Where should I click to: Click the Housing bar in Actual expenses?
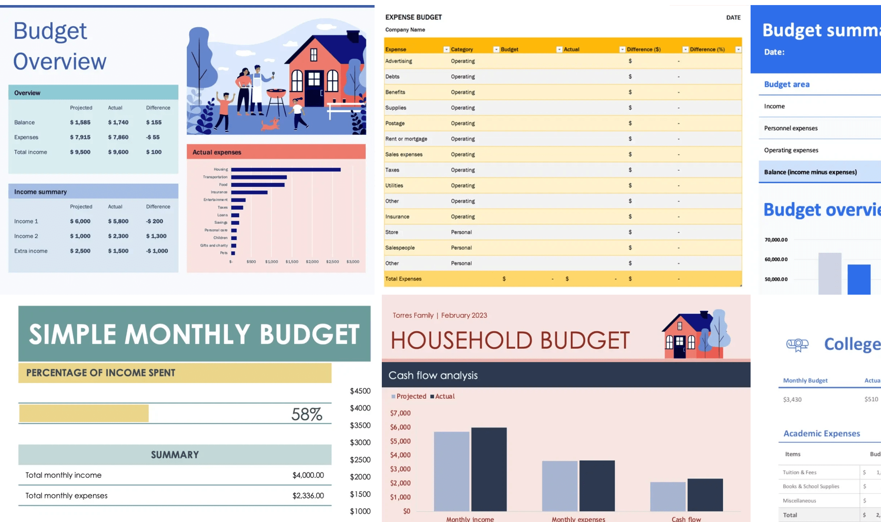285,169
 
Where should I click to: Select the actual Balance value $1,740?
118,122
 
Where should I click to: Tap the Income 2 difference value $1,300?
156,236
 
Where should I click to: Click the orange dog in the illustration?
271,125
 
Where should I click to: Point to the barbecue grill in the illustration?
276,94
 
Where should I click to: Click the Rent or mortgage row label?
406,139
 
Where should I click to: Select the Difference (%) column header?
707,49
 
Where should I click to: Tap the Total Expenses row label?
403,279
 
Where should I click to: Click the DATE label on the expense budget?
733,17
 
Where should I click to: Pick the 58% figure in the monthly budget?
306,414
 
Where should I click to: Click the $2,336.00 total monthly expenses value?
308,496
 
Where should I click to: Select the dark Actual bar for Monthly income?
489,469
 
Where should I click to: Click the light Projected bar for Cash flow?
668,496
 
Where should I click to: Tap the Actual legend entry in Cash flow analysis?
444,396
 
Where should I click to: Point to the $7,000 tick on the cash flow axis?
400,413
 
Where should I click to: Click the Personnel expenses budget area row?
791,128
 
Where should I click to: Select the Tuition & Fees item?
799,472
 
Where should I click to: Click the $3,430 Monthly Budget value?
792,400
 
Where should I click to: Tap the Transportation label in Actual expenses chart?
215,177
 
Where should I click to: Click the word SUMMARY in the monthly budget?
175,455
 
